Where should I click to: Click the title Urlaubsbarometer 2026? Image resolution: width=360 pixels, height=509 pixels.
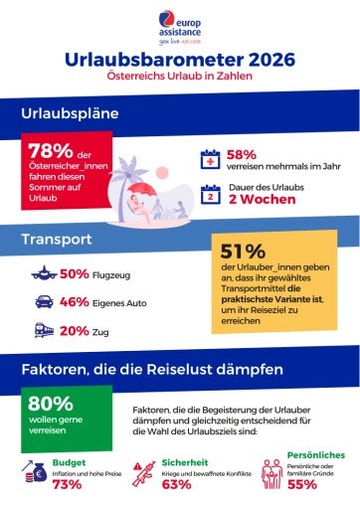[180, 60]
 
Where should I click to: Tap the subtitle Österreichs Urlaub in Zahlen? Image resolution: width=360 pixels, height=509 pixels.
[180, 76]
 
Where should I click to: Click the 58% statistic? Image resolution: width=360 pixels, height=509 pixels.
[242, 154]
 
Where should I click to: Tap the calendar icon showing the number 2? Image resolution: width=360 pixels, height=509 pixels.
[210, 194]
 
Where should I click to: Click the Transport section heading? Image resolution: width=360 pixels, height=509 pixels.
[58, 240]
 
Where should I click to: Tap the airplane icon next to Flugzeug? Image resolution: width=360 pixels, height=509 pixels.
[43, 273]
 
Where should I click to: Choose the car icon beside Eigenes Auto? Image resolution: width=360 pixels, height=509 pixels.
[43, 302]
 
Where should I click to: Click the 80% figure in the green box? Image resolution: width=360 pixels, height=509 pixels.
[51, 404]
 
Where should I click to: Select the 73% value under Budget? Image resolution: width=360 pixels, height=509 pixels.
[67, 485]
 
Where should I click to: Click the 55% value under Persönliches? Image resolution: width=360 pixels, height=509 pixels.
[303, 486]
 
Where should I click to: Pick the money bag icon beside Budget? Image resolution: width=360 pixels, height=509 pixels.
[32, 470]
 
